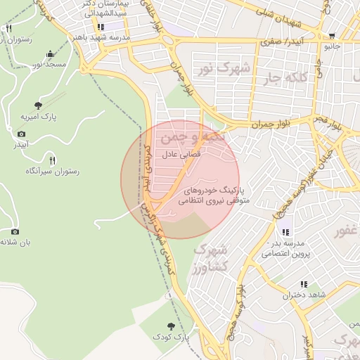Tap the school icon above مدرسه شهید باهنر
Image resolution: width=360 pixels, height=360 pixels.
[101, 27]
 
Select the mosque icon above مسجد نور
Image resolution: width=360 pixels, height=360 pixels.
[49, 54]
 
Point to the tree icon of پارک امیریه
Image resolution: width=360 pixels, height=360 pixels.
[37, 105]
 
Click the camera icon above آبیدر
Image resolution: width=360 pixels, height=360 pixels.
[21, 134]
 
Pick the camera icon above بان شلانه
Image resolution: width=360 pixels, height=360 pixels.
[15, 231]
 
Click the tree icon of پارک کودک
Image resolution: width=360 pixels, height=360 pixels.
[172, 326]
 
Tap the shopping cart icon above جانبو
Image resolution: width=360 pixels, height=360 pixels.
[332, 37]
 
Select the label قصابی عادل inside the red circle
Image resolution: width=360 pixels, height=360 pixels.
[182, 153]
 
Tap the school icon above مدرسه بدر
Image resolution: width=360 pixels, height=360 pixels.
[285, 232]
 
